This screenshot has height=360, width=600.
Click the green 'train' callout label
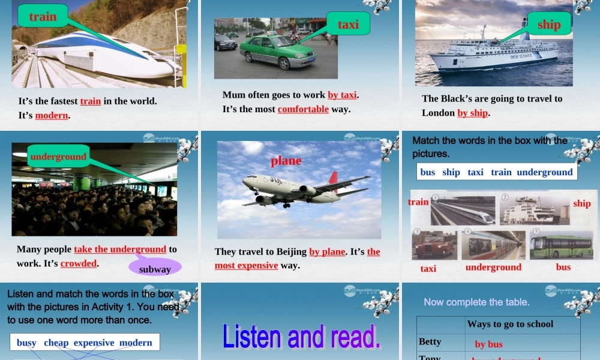(x=43, y=16)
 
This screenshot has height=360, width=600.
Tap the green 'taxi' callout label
(x=348, y=24)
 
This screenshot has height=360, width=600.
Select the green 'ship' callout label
(x=549, y=24)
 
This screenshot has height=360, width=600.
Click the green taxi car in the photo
(x=277, y=52)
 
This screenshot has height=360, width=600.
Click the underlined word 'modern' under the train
(x=52, y=115)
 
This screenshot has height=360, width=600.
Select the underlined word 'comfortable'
(x=303, y=109)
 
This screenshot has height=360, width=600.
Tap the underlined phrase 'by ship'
(x=473, y=113)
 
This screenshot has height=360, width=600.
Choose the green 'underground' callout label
(x=58, y=157)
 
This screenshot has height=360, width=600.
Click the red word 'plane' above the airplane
(x=286, y=160)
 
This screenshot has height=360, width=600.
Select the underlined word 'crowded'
(x=79, y=263)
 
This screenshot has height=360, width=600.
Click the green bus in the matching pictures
(x=562, y=245)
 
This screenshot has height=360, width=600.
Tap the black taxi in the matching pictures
(x=434, y=245)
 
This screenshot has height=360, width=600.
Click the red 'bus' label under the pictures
(x=563, y=267)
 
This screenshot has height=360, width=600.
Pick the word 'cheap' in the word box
(x=56, y=343)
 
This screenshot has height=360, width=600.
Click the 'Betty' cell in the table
(x=430, y=341)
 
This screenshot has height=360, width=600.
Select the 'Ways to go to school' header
(x=510, y=324)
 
